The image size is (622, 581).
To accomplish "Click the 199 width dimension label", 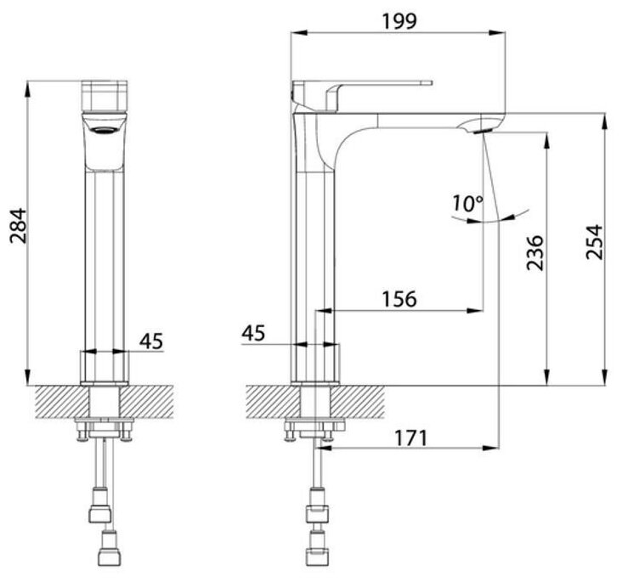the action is [399, 21].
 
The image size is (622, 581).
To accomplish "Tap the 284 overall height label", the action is [18, 226].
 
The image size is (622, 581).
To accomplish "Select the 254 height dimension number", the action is [594, 242].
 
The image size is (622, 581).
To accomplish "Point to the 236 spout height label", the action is [534, 252].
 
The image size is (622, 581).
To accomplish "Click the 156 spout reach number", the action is [399, 299].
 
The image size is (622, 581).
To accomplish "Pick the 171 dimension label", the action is [411, 438].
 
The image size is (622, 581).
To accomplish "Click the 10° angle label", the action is [468, 203].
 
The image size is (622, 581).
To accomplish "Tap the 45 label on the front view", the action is [151, 341].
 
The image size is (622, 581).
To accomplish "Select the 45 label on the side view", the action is [253, 333].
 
